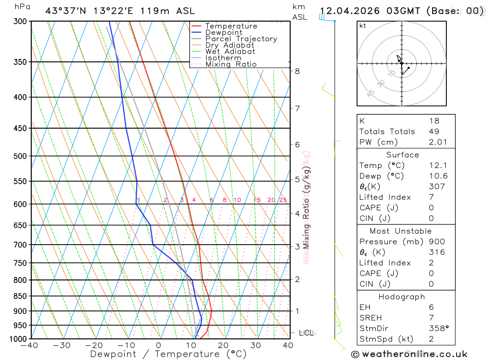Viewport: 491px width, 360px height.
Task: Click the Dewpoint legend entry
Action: tap(223, 32)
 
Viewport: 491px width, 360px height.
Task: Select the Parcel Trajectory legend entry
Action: tap(241, 39)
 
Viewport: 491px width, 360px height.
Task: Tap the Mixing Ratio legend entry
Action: tap(231, 64)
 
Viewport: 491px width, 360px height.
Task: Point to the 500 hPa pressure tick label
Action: tap(20, 156)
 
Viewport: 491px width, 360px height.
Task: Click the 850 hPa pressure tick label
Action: tap(20, 296)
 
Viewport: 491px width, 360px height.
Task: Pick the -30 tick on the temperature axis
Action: tap(62, 345)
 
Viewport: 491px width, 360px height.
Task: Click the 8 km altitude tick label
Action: tap(297, 71)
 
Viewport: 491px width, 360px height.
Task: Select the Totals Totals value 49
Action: tap(434, 131)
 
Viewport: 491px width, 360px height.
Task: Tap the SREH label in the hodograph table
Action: tap(370, 318)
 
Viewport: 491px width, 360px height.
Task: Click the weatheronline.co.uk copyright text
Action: tap(409, 354)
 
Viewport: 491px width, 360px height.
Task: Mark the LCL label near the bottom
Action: tap(306, 333)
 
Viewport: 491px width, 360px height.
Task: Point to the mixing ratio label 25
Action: tap(283, 200)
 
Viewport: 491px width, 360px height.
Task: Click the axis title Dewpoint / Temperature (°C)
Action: tap(168, 354)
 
